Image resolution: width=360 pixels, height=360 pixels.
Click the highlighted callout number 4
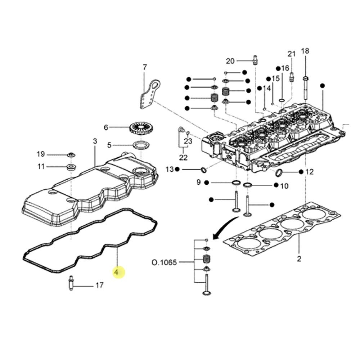[116, 272]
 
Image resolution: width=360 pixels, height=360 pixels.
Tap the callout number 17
[99, 285]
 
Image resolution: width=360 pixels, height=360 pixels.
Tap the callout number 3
[95, 141]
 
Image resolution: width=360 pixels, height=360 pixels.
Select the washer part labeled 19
[72, 155]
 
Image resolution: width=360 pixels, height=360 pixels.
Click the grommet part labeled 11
[71, 167]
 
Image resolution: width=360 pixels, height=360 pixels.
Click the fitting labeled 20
[255, 60]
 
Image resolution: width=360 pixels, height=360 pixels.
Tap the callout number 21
[291, 54]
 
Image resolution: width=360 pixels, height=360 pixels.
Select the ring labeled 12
[279, 173]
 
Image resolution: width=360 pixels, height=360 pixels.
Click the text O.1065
[164, 262]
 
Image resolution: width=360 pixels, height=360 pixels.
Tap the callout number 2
[299, 259]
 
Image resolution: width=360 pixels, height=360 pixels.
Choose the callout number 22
[183, 157]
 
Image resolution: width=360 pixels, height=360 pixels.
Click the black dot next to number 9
[206, 183]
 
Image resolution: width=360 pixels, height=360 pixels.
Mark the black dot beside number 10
[276, 185]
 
